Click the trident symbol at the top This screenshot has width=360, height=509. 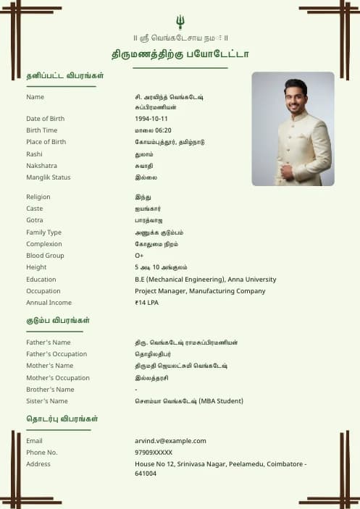point(180,22)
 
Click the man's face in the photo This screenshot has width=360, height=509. point(296,96)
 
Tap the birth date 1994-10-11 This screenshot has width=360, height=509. point(151,119)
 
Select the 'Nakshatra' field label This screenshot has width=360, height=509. point(41,166)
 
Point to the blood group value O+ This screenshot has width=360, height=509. point(139,256)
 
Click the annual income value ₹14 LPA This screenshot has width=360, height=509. point(147,303)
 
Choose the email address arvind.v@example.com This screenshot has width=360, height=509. point(170,441)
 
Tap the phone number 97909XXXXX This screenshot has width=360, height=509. point(154,453)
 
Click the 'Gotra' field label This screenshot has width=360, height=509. point(35,220)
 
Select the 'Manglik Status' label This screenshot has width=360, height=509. point(49,177)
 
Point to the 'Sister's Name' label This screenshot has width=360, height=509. point(47,401)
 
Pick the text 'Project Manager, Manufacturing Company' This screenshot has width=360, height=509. point(200,291)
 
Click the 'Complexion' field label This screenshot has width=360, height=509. point(44,244)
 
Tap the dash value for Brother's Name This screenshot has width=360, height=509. point(136,390)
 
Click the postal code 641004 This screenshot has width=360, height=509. point(146,474)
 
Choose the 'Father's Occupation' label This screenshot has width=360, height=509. point(56,354)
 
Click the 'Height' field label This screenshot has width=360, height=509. point(35,267)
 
